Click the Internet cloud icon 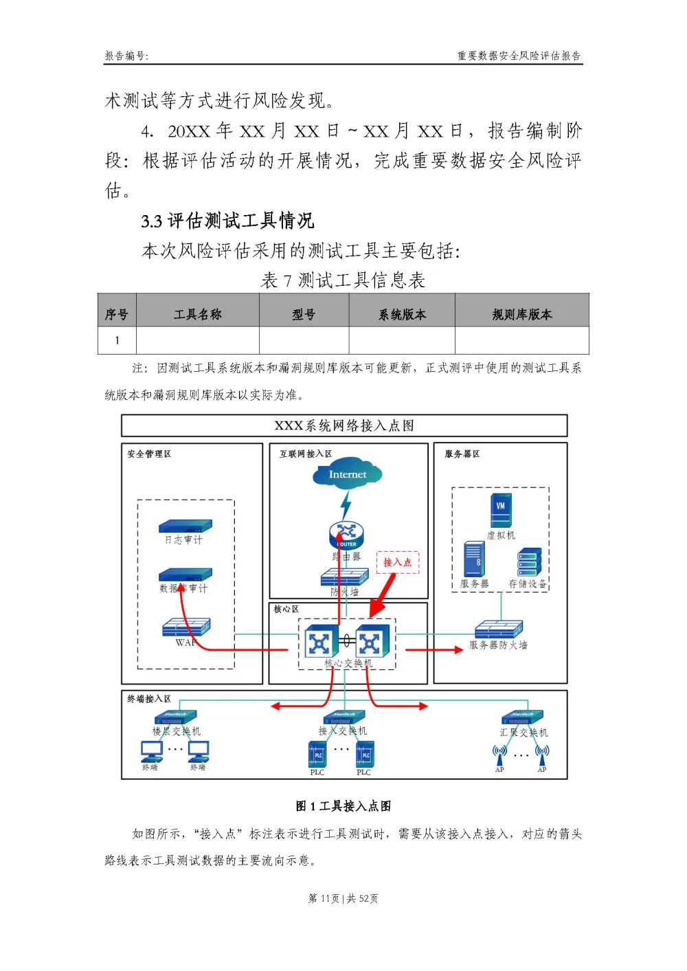[347, 475]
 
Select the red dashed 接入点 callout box [397, 562]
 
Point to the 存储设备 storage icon [529, 561]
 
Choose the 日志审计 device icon [185, 526]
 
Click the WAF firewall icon [186, 627]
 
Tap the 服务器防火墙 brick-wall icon [499, 629]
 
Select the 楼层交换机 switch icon [176, 717]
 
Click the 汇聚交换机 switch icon [523, 717]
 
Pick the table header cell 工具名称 [198, 314]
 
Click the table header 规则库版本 [522, 314]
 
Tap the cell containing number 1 [117, 340]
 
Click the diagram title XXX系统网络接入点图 [344, 426]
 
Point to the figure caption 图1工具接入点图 [343, 806]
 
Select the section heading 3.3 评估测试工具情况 [227, 221]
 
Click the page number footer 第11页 [343, 898]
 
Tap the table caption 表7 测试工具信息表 [343, 280]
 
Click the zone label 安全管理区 [149, 454]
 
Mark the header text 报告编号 [126, 56]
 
